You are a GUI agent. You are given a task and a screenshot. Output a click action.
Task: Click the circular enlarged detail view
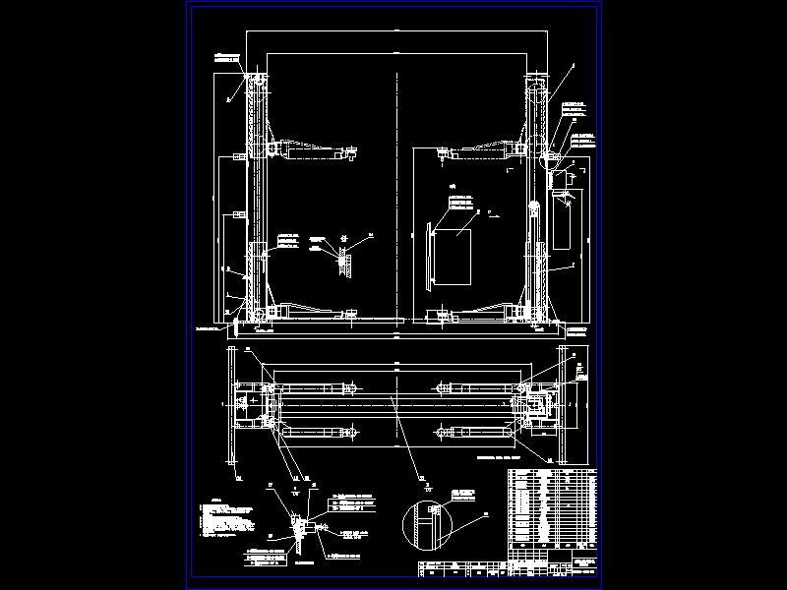(427, 521)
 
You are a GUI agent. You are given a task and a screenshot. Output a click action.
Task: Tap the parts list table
(552, 505)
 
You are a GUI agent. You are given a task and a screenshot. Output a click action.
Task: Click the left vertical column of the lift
(258, 197)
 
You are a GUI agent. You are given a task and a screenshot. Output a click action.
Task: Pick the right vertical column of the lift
(536, 197)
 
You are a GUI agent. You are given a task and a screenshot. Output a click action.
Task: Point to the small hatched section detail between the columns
(343, 258)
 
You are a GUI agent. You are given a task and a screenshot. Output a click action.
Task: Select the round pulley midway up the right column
(534, 206)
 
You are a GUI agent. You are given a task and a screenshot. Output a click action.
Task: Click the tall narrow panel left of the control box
(429, 256)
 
